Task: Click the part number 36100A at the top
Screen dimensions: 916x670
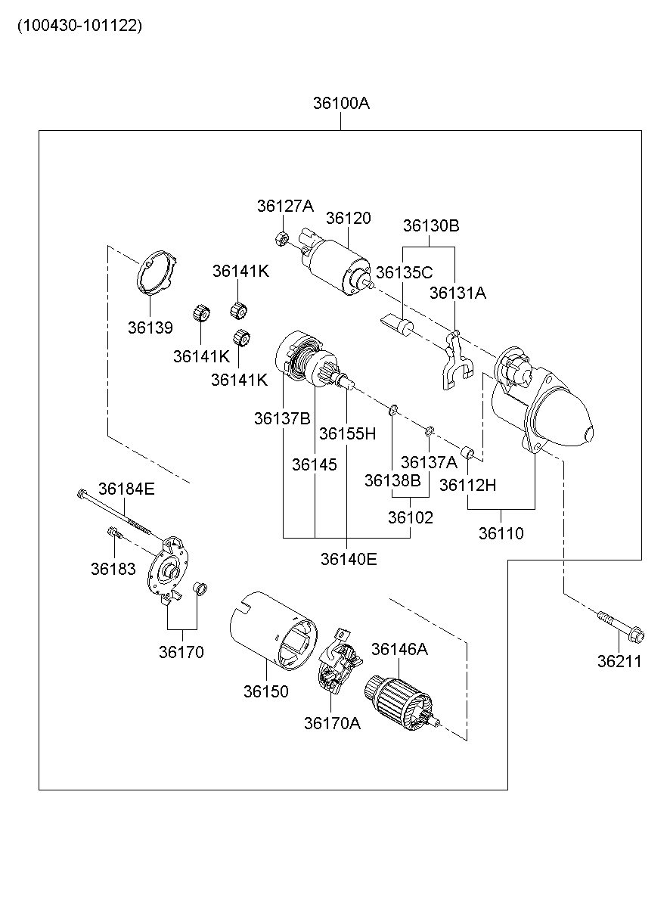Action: click(341, 104)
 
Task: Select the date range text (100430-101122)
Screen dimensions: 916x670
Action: click(79, 26)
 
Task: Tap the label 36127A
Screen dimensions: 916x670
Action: click(284, 206)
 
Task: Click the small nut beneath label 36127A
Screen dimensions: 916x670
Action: click(280, 239)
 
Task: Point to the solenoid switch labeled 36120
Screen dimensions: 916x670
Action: click(337, 265)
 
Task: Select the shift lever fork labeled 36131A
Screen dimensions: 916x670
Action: click(453, 359)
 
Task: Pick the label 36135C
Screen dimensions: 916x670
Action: click(404, 272)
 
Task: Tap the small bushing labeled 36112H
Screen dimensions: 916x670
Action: click(468, 454)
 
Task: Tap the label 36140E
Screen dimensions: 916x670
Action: click(348, 559)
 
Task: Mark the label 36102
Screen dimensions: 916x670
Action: click(411, 518)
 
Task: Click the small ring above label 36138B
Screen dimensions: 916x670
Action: click(393, 411)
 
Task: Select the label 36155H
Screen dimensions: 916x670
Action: click(347, 433)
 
